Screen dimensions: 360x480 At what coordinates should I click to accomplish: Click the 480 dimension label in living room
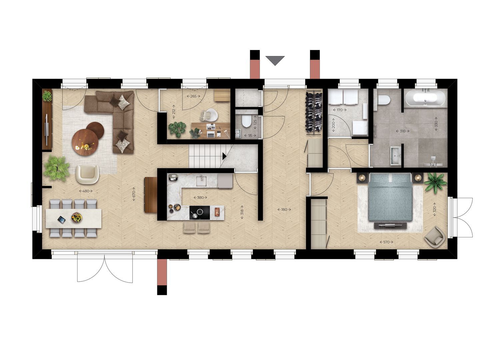point(86,191)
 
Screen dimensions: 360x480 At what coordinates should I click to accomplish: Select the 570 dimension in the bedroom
point(386,242)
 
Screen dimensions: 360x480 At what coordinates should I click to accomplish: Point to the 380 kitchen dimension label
point(200,197)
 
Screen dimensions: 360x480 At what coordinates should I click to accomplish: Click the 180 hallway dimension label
point(284,209)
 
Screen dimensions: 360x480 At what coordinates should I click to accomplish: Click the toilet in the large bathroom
point(384,100)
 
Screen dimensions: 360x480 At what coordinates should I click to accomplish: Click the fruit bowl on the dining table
point(76,218)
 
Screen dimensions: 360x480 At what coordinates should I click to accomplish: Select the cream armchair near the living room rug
point(87,174)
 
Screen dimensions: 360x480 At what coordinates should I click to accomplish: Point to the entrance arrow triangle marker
point(275,60)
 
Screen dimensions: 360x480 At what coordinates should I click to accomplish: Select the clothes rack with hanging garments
point(314,110)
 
